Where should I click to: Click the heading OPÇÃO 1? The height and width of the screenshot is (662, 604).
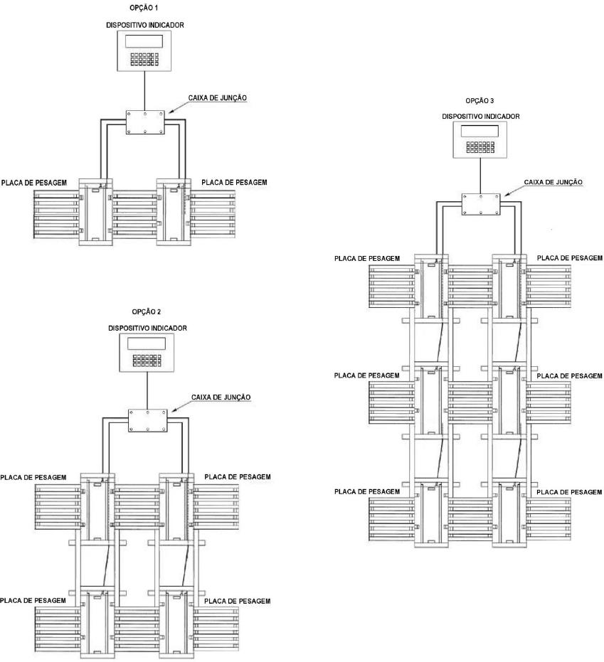(x=144, y=8)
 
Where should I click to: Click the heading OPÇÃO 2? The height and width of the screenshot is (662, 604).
(x=147, y=312)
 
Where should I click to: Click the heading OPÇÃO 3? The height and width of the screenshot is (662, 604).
(x=480, y=101)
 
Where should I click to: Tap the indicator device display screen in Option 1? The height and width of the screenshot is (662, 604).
(x=144, y=41)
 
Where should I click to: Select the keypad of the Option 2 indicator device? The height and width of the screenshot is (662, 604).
(x=147, y=360)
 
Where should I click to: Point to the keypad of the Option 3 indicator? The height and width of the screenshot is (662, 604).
(x=480, y=147)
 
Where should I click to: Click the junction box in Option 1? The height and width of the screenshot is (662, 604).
(x=145, y=122)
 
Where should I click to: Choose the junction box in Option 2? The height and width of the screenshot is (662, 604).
(x=147, y=420)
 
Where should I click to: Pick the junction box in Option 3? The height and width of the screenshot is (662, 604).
(x=481, y=205)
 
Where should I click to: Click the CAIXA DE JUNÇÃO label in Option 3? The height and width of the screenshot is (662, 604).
(x=553, y=182)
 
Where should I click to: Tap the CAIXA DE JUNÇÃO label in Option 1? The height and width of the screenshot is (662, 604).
(x=218, y=98)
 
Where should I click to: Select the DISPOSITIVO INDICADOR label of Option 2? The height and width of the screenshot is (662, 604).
(x=147, y=328)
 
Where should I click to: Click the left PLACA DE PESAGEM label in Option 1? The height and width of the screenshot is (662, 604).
(x=34, y=183)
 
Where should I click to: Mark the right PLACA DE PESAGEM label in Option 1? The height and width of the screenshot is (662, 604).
(x=235, y=182)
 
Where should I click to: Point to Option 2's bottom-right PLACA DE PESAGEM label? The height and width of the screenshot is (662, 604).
(x=238, y=602)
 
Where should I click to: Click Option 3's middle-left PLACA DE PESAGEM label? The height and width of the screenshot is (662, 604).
(x=366, y=375)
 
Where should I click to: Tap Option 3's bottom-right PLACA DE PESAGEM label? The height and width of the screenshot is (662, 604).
(x=569, y=492)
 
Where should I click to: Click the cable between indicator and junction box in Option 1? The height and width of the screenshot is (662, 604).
(x=145, y=91)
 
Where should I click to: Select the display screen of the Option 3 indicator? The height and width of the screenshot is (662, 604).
(x=480, y=131)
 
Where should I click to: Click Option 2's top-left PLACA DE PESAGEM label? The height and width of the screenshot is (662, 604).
(x=33, y=478)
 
